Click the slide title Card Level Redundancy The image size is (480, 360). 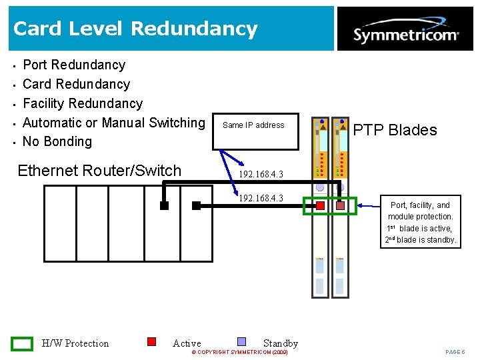coord(135,29)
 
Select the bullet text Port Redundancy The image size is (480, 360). coord(74,65)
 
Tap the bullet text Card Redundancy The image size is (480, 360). coord(76,84)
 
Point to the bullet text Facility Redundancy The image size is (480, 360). coord(83,103)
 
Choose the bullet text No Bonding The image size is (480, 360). coord(57,141)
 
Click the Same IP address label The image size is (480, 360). coord(253,125)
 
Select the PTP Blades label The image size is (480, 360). coord(395,130)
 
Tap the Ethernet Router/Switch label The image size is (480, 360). coord(99,171)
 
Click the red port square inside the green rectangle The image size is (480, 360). coord(320,206)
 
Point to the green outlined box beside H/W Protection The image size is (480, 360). coord(22,343)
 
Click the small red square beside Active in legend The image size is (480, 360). coord(151,341)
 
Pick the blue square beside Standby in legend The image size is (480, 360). coord(242,341)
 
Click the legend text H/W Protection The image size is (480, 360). coord(75,343)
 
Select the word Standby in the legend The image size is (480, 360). coord(280,343)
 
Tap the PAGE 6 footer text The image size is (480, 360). coord(455,352)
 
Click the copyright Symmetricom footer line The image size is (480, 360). coord(239,352)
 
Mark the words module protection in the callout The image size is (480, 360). coord(420,217)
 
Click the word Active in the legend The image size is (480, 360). coord(187,343)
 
